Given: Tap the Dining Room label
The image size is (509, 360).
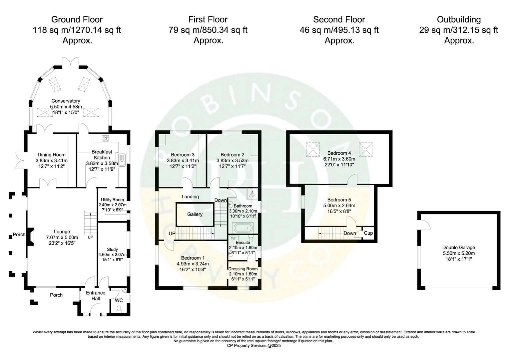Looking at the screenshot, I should tap(51, 155).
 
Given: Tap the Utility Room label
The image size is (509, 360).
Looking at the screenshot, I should tap(112, 200).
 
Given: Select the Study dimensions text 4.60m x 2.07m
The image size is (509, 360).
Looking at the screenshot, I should tap(112, 255).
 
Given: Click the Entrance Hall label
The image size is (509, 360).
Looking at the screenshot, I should tap(96, 296).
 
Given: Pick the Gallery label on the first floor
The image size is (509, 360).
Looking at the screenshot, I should tap(195, 214).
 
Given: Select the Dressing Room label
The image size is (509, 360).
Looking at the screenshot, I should tap(243, 269).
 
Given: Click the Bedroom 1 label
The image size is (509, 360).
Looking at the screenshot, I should tap(193, 258).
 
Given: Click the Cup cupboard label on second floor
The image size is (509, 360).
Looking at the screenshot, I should tap(368, 233).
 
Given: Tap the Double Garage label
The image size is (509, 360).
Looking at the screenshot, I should tap(458, 248).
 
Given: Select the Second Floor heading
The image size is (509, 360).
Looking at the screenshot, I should tap(339, 20).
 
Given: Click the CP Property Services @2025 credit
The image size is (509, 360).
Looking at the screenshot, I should tap(254, 346).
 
